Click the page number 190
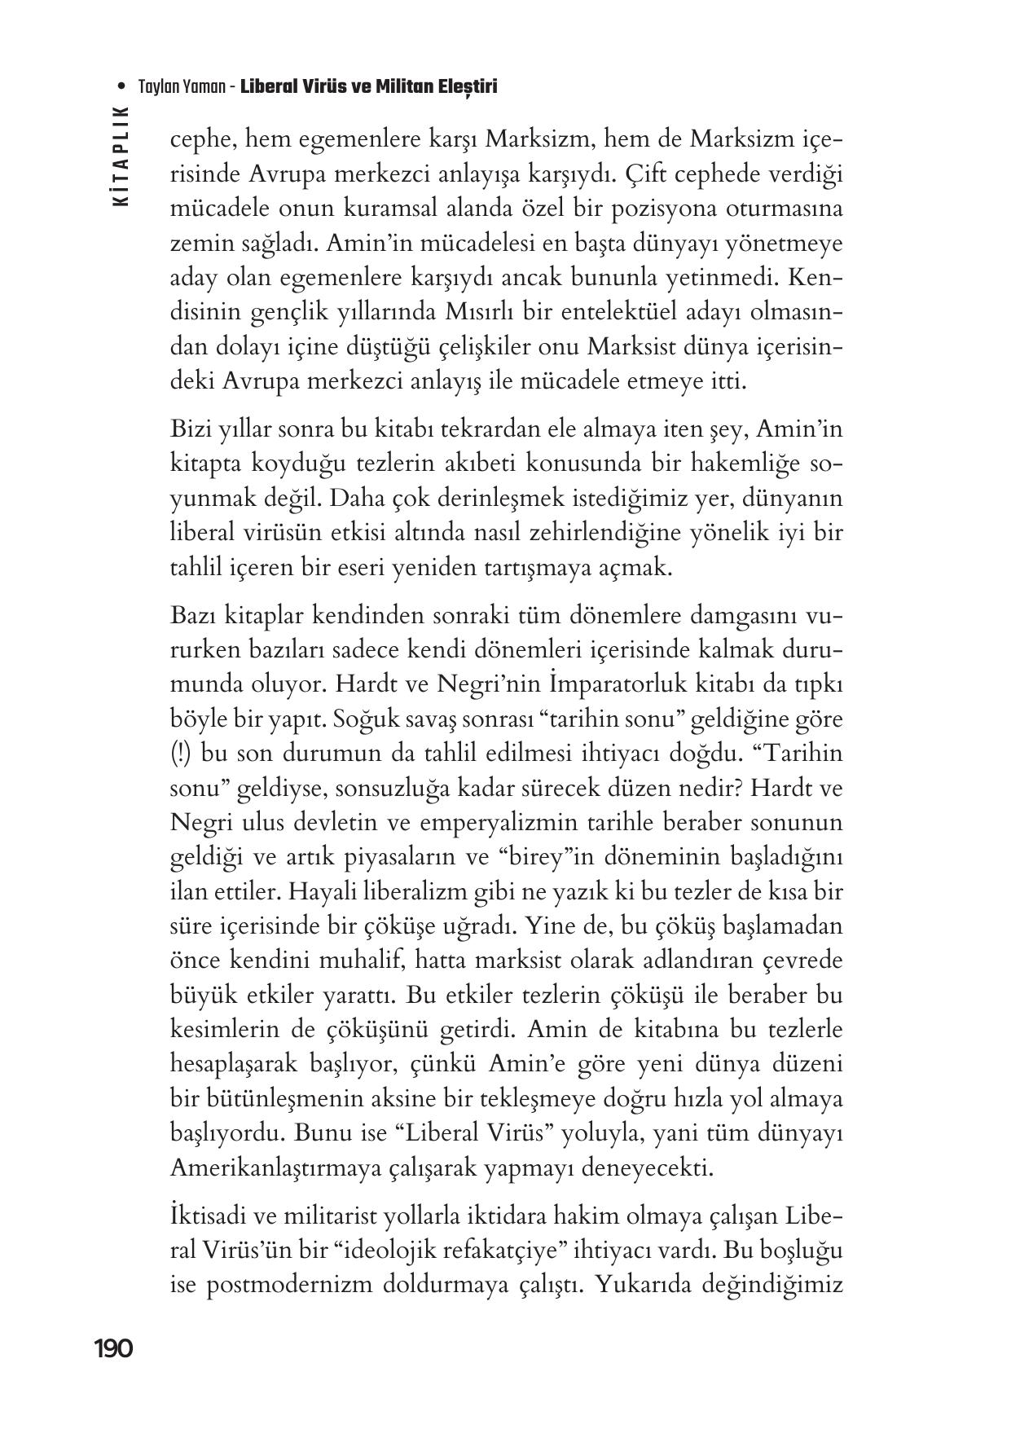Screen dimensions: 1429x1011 pos(113,1348)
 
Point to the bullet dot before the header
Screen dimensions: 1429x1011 pos(121,86)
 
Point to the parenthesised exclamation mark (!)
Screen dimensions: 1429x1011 pos(181,754)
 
